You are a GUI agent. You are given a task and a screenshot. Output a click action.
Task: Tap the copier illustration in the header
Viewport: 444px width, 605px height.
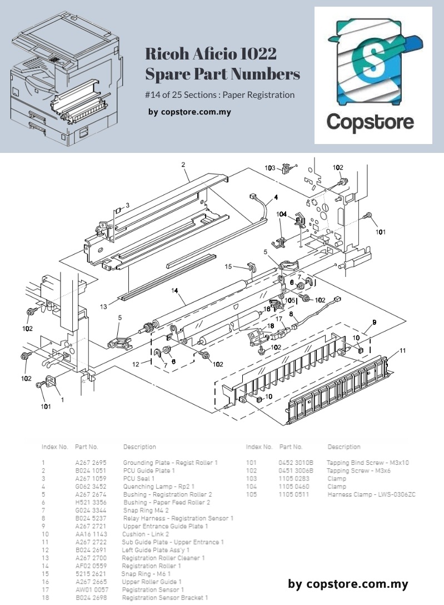tap(65, 81)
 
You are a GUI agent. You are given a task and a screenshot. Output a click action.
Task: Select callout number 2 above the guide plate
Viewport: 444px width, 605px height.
tap(183, 165)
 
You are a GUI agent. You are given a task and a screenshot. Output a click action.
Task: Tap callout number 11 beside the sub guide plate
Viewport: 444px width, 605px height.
tap(403, 350)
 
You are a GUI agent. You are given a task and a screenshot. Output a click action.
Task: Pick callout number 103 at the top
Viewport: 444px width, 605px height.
tap(270, 168)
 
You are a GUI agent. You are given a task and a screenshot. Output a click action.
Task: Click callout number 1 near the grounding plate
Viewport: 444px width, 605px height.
tap(62, 399)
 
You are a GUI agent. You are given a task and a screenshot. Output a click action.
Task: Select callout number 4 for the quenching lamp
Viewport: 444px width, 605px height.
tap(276, 197)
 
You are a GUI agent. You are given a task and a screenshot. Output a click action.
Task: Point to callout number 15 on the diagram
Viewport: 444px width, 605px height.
tap(228, 266)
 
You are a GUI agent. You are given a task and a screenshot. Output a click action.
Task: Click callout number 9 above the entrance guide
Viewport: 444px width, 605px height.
tap(374, 323)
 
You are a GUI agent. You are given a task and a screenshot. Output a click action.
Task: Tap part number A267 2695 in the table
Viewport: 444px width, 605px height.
tap(91, 463)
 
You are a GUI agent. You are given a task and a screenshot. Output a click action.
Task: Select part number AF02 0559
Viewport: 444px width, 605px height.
tap(91, 566)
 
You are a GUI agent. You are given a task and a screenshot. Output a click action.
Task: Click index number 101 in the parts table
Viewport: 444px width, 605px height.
tap(252, 463)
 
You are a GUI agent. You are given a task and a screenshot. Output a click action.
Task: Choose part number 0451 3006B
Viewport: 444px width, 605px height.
tap(296, 470)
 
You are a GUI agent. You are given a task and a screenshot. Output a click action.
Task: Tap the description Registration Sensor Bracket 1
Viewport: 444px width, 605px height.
tap(165, 597)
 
